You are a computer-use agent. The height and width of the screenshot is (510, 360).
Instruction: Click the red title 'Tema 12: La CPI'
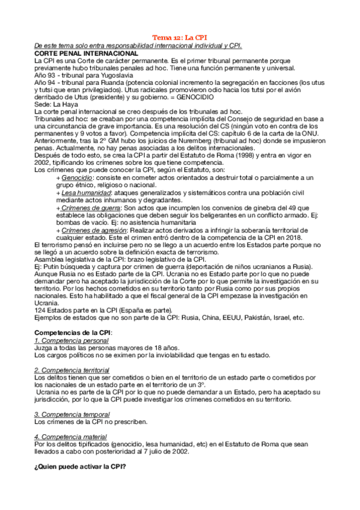point(179,37)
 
